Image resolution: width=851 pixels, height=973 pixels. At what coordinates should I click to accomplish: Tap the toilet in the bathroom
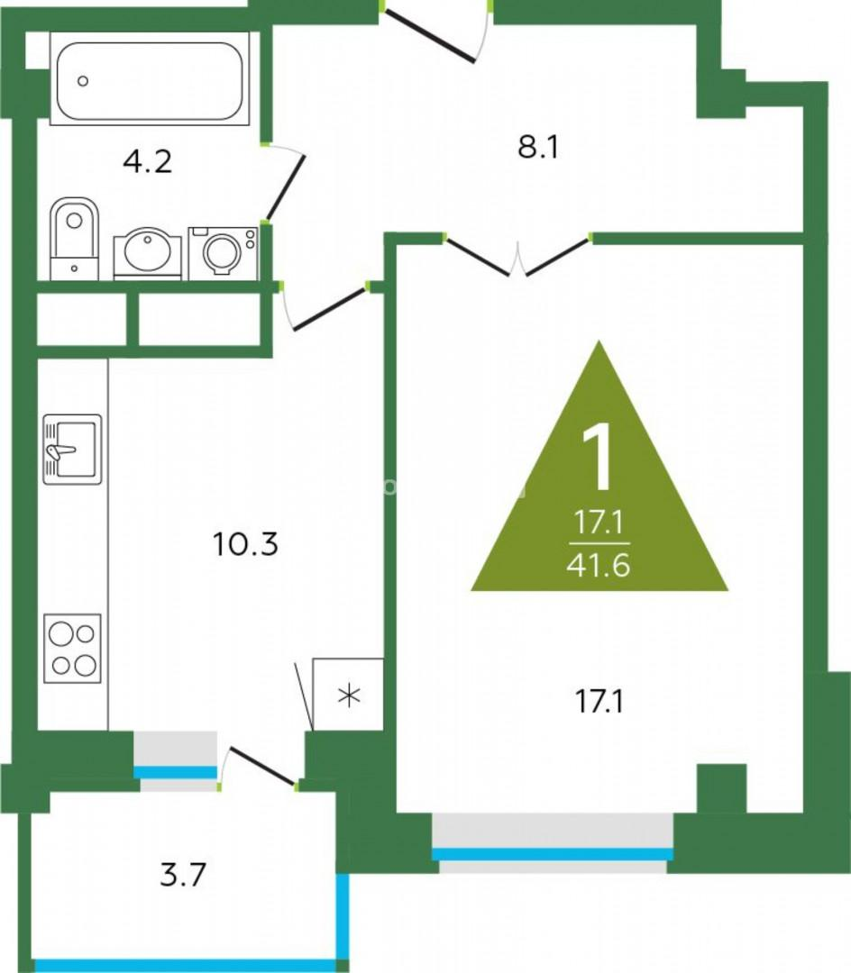75,238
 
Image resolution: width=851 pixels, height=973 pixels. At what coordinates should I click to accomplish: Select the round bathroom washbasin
148,253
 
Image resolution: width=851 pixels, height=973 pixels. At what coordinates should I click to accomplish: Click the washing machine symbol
223,253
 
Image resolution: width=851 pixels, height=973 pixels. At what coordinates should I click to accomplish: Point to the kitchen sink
72,450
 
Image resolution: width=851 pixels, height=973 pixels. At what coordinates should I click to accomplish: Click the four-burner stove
72,649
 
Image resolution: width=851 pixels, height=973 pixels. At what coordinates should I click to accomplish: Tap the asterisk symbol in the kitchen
349,696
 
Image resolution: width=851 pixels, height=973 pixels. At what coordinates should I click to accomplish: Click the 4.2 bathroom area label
147,162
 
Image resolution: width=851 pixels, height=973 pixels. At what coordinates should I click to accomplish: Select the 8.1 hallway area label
538,149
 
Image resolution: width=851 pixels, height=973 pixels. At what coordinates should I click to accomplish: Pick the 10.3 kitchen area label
245,544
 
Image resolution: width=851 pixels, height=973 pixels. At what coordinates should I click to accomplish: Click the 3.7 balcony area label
182,876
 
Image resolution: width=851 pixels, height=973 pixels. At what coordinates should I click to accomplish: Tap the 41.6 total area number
599,566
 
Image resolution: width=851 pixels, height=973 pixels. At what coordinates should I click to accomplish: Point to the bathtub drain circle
83,81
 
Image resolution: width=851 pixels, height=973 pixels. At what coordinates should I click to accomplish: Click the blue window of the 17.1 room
552,854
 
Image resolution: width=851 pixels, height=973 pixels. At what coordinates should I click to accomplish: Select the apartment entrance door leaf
429,36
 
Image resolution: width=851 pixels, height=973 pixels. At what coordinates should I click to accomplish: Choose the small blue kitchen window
175,773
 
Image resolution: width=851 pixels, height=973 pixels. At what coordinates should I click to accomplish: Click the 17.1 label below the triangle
599,703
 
